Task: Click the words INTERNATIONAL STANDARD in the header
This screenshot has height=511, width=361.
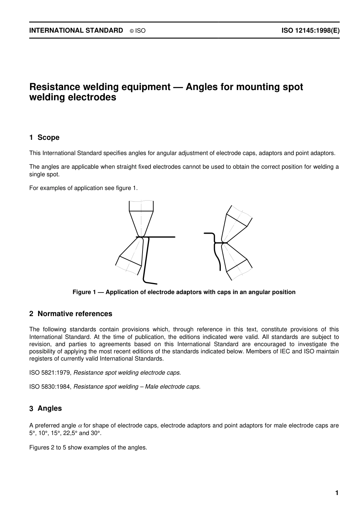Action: click(x=76, y=31)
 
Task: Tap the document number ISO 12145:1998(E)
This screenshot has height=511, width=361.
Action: click(x=310, y=31)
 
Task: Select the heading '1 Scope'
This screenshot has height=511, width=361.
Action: click(x=44, y=138)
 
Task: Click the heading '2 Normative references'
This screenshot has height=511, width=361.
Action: click(x=71, y=314)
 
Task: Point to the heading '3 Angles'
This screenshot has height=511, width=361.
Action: click(x=46, y=408)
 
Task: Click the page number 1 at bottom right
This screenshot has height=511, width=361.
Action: click(x=336, y=493)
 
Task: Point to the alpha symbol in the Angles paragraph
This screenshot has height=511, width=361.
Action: click(x=80, y=426)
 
